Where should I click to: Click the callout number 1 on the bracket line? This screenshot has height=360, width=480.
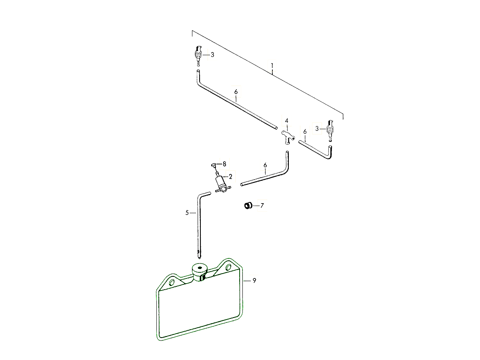272,66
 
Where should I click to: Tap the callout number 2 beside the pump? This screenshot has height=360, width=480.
230,176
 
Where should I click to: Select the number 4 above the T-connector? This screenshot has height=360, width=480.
286,121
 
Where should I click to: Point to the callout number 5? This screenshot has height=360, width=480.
187,213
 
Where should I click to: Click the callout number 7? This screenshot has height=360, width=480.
262,206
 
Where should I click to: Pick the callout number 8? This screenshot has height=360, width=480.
224,164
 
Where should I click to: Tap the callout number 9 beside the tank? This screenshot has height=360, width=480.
254,280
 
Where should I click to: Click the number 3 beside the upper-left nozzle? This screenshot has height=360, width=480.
212,55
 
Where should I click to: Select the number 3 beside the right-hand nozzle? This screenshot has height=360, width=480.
317,129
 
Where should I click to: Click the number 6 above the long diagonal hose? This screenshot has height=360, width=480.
236,92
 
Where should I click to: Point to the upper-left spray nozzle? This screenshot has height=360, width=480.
198,56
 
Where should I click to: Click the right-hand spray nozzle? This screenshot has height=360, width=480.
330,131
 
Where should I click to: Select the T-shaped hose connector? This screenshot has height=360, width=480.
288,137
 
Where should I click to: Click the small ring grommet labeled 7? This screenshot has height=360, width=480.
248,206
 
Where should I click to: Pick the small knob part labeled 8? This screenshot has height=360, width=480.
214,165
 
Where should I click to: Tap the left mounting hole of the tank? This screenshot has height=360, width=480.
172,282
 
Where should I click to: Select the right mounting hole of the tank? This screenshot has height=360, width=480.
228,267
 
